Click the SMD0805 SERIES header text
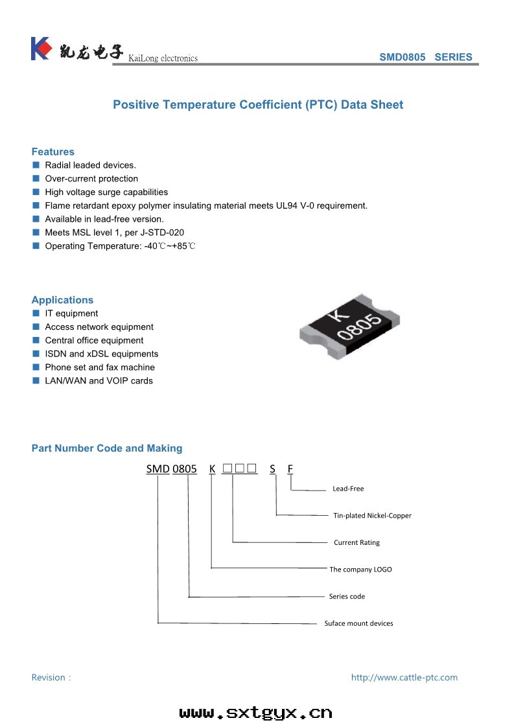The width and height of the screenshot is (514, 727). point(425,57)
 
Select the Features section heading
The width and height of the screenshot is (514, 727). point(53,152)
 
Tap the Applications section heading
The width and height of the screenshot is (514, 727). point(63,300)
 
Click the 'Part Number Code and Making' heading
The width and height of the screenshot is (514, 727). point(107,448)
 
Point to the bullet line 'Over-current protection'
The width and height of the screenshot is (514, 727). point(91,178)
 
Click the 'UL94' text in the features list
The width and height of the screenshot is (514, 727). point(286,205)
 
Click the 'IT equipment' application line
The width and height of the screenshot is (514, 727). point(71,314)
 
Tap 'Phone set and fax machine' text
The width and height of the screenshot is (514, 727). point(100,367)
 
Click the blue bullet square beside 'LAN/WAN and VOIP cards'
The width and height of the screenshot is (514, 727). point(36,380)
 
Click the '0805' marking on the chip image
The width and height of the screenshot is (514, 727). point(360,326)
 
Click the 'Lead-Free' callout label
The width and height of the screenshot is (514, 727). point(348,489)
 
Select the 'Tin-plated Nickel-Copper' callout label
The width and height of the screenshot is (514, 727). point(372,516)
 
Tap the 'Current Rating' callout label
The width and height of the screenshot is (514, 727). point(356,542)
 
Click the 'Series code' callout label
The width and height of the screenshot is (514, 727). point(347,596)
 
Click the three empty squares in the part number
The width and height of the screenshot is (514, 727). point(239,468)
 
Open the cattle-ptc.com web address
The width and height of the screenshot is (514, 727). point(404,677)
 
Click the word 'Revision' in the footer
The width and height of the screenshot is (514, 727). point(48,677)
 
